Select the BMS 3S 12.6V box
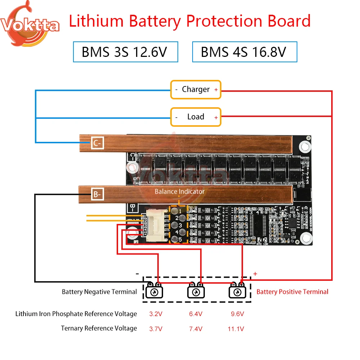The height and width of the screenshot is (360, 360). [125, 52]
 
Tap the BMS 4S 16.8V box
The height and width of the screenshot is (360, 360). [244, 52]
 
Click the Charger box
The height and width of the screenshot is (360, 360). [195, 89]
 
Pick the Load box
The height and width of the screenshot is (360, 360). [195, 117]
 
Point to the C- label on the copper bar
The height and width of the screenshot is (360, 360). [98, 143]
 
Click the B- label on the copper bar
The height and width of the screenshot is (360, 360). [98, 195]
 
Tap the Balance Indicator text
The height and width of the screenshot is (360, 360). [179, 192]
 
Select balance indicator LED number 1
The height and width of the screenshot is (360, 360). [175, 211]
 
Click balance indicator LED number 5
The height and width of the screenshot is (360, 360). [175, 239]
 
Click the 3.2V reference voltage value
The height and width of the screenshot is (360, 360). [156, 314]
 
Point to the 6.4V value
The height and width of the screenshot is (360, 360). [196, 314]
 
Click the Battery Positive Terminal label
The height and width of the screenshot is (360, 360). [292, 292]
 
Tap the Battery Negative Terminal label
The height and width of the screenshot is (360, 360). [99, 292]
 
